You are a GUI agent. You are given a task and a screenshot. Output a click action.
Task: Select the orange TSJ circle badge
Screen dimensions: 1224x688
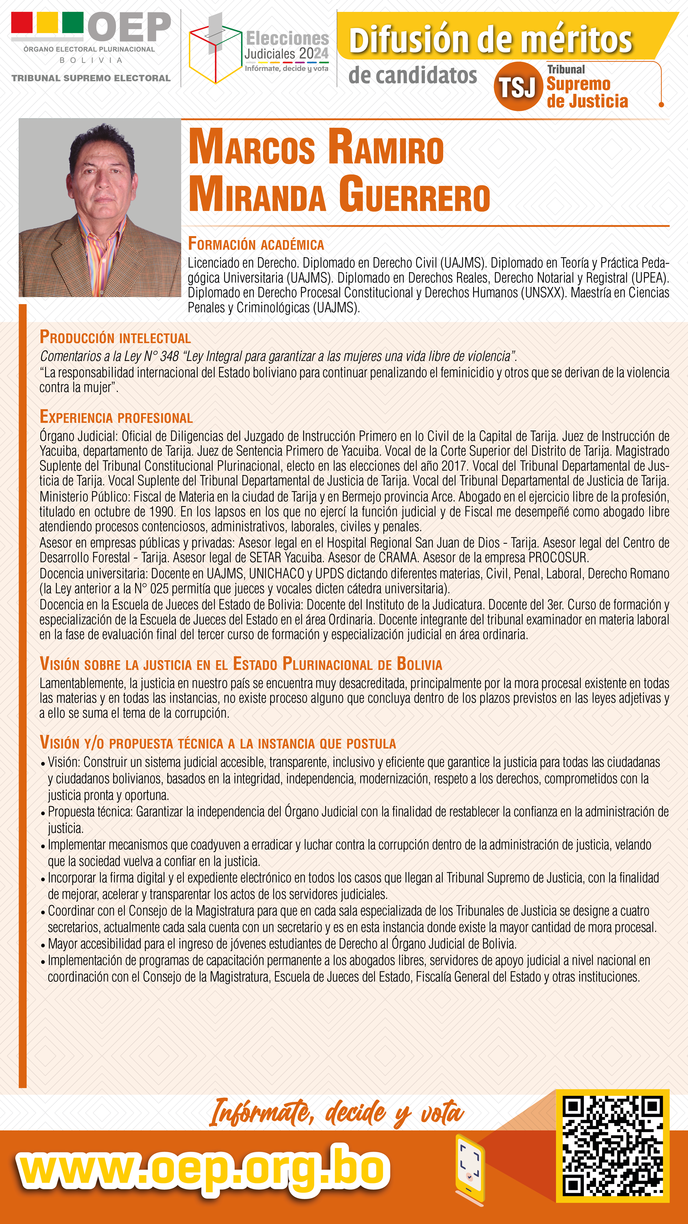click(x=517, y=87)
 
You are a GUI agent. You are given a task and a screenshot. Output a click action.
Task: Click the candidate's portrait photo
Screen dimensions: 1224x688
click(x=100, y=208)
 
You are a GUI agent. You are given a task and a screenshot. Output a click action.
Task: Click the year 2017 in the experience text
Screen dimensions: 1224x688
click(x=453, y=466)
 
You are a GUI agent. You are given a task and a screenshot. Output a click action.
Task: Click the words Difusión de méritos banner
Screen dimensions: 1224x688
click(x=490, y=40)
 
